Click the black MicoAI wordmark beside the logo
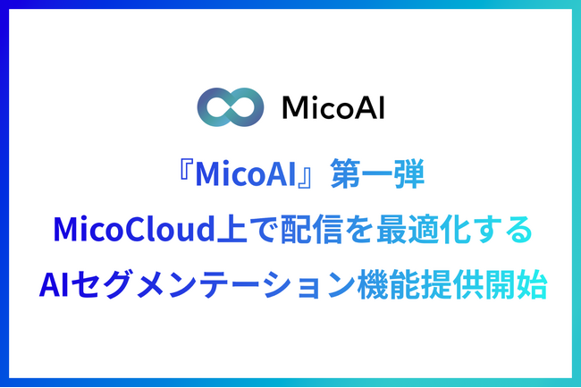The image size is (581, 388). tap(333, 109)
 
